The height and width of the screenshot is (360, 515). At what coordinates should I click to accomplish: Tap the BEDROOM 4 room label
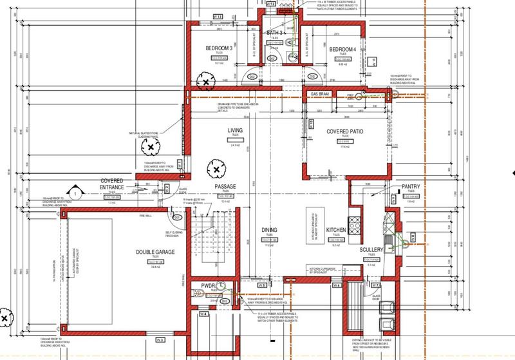(x=343, y=49)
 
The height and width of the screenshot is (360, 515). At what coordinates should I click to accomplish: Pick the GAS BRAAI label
(x=320, y=94)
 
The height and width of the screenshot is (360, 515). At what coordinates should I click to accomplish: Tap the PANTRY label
(x=411, y=187)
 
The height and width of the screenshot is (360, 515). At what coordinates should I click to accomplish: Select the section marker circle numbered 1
(x=75, y=191)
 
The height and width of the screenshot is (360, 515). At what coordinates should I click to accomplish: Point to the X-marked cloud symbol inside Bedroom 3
(x=205, y=82)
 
